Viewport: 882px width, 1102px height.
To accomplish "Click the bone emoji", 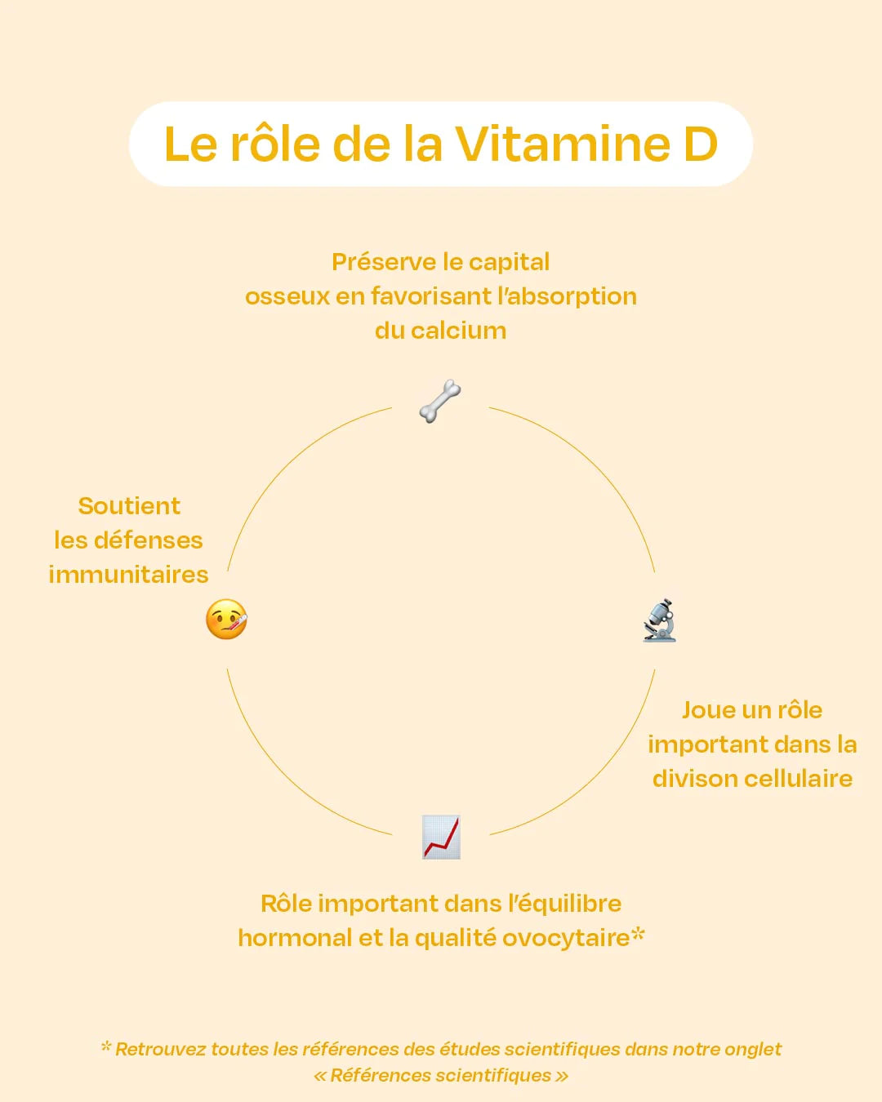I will (440, 401).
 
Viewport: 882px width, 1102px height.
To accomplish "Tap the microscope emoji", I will (659, 621).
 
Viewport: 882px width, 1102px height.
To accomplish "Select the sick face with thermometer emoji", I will (226, 620).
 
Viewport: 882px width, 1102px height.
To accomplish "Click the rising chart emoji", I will (441, 837).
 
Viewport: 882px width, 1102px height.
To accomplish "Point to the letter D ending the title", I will (700, 144).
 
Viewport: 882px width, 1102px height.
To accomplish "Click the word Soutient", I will (129, 506).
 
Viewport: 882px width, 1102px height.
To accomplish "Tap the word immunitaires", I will (128, 575).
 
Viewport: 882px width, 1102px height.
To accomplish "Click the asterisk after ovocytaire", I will (638, 934).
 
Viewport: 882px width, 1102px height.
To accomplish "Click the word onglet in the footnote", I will (754, 1050).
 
